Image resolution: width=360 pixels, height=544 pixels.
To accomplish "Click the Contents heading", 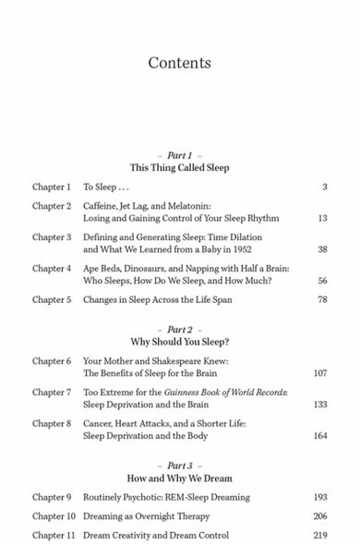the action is point(179,64).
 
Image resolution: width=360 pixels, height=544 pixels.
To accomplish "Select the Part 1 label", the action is point(179,154).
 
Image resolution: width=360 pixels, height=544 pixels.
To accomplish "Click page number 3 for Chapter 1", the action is point(325,187).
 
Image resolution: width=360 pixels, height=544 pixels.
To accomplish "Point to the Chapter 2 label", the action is point(52,206).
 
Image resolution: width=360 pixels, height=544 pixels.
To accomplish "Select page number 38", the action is point(322,249).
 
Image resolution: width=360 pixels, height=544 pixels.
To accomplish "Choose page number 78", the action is point(322,299).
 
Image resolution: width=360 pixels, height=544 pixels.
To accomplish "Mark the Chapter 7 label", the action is point(52,393).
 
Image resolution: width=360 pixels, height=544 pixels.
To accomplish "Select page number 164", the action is point(320,436).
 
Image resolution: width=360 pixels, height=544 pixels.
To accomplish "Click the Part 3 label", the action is point(179,465).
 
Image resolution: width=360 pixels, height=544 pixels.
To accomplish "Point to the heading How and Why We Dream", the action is point(179,479).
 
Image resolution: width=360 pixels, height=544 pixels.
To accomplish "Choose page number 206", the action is point(320,516).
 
